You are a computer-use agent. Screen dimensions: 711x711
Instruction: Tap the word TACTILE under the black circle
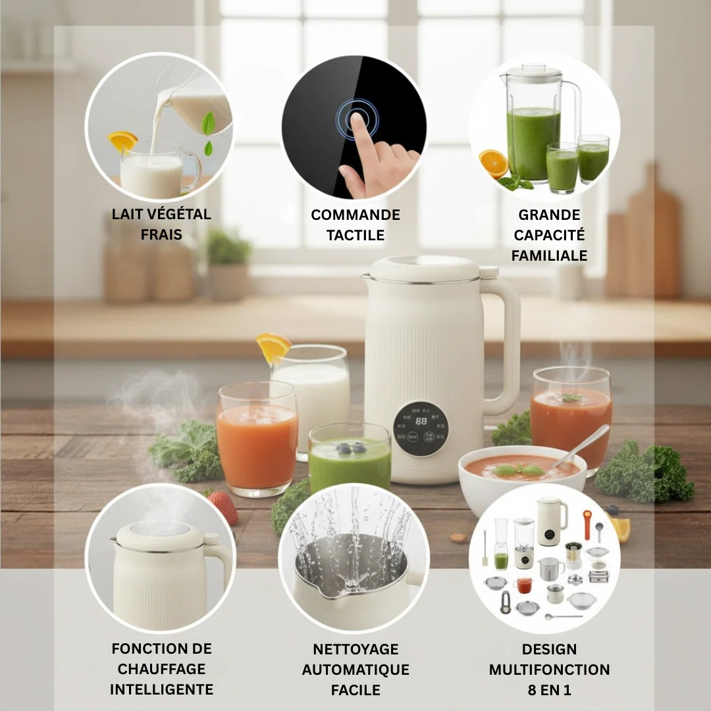click(355, 235)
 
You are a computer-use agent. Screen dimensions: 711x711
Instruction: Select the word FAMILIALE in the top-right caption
click(549, 255)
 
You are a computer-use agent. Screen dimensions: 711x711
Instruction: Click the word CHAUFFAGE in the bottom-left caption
click(161, 669)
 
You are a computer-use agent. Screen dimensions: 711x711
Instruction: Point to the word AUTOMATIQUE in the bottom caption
click(355, 670)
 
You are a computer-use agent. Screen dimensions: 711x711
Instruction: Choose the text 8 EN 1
click(549, 690)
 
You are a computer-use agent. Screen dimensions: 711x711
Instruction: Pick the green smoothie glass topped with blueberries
click(350, 458)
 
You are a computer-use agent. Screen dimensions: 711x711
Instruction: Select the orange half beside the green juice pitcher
click(493, 163)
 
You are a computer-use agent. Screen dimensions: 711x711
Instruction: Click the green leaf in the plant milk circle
click(209, 124)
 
